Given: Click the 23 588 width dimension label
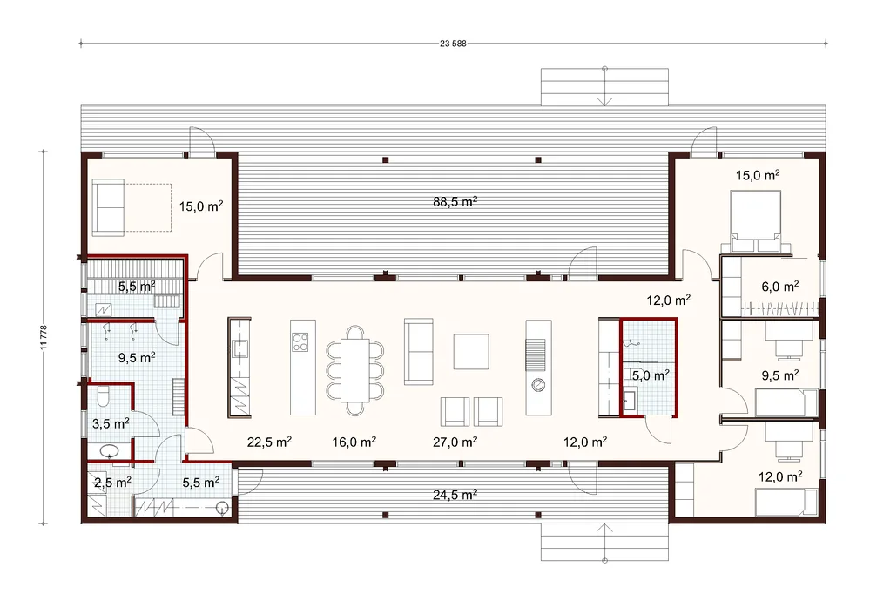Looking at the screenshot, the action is (453, 44).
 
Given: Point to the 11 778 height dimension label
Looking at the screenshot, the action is (44, 337).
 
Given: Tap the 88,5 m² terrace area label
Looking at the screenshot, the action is (455, 201).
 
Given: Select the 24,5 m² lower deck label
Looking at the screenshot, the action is (455, 495).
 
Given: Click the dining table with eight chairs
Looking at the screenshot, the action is (354, 370).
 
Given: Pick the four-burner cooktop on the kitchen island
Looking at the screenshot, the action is (300, 341).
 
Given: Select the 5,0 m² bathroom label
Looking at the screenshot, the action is (651, 375).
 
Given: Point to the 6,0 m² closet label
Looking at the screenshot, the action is (780, 287).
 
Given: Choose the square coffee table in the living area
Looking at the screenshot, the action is (470, 352).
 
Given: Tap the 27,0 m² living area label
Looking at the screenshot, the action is (455, 442).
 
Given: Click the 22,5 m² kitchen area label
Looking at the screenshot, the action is (269, 442).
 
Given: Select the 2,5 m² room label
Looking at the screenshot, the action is (112, 483).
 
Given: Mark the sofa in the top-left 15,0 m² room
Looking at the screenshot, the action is (108, 207).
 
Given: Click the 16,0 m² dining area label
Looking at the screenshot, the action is (354, 442).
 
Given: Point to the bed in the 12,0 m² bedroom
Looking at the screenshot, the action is (786, 502).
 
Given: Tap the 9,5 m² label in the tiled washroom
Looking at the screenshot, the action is (137, 358).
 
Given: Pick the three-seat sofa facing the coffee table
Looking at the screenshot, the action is (418, 352).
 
